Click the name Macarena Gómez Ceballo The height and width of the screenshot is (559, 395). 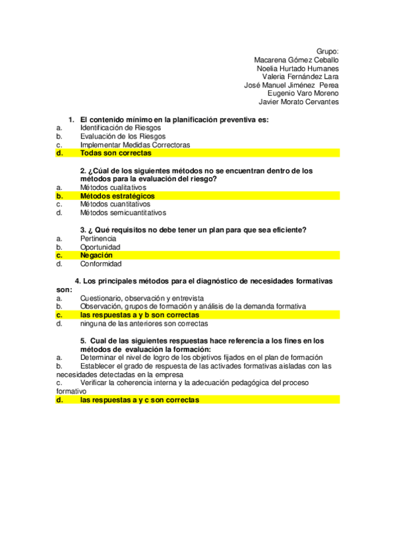click(x=296, y=59)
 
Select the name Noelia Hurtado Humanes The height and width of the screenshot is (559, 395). click(x=297, y=68)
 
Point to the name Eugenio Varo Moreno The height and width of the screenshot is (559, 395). click(x=303, y=94)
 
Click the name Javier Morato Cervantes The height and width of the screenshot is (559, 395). click(x=299, y=102)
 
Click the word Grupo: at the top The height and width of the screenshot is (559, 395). click(x=327, y=51)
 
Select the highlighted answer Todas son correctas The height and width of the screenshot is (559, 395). click(x=115, y=153)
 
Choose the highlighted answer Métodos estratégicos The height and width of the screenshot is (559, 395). click(x=117, y=196)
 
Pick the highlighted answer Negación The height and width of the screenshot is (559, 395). click(x=96, y=255)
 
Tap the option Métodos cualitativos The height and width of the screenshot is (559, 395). click(x=113, y=187)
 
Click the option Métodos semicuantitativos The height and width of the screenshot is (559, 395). click(x=123, y=213)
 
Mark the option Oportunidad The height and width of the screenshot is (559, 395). click(x=100, y=247)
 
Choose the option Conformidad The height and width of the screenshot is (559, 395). click(x=101, y=264)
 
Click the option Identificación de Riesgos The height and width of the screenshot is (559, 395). click(x=120, y=127)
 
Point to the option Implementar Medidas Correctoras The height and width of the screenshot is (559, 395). click(x=135, y=144)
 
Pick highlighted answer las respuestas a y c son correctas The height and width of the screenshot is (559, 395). click(x=139, y=399)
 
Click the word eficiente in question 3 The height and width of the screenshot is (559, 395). click(x=290, y=229)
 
